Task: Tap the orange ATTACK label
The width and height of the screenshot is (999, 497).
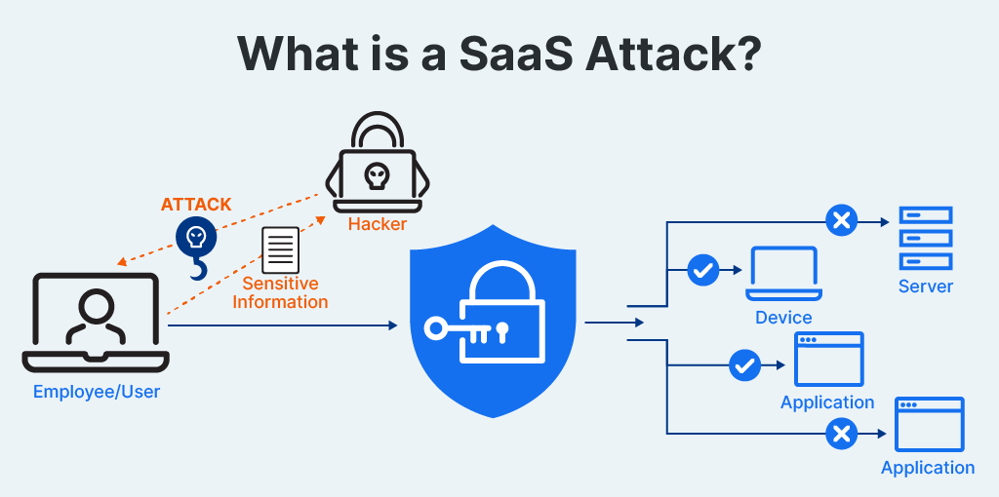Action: pos(196,205)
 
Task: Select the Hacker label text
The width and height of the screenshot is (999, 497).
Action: pos(377,224)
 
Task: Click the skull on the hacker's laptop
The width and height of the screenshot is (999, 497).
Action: pos(376,175)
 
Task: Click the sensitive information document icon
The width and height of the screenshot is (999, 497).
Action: pos(281,249)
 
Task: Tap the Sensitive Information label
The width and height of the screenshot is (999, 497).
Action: pos(280,292)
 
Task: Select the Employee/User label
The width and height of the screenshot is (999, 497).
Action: pos(97,392)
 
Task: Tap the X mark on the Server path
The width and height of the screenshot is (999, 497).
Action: pos(840,221)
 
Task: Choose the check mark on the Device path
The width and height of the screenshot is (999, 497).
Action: pos(702,270)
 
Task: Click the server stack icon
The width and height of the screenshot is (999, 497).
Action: pos(925,238)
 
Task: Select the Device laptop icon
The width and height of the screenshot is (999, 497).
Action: pos(783,274)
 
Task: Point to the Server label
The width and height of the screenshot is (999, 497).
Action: pos(926,287)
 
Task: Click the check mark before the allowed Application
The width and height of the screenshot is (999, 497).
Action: pos(744,365)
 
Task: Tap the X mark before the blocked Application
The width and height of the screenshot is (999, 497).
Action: pos(840,433)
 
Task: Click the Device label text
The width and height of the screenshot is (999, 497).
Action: pos(783,318)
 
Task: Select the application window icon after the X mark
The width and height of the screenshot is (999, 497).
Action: pos(929,424)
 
